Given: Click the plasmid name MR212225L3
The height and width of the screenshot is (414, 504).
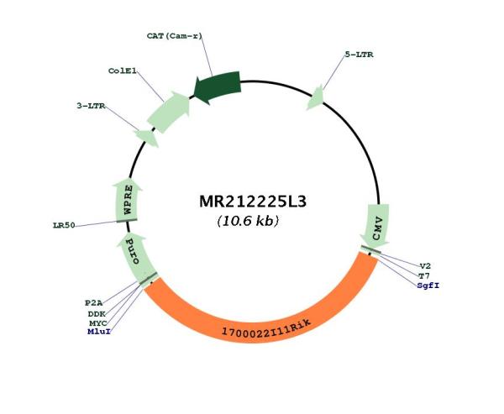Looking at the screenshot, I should click(251, 203).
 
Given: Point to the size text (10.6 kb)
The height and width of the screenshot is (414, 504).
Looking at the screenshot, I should click(248, 222).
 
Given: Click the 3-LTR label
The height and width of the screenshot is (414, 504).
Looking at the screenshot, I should click(90, 106).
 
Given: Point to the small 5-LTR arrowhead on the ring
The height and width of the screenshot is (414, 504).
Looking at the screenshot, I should click(315, 97).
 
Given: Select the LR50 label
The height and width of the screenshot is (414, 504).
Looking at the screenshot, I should click(64, 225).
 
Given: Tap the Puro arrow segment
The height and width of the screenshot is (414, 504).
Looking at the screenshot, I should click(135, 253).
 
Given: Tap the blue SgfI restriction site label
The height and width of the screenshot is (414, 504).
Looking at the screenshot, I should click(428, 286).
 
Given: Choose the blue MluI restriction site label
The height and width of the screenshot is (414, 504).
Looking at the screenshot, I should click(98, 333).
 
